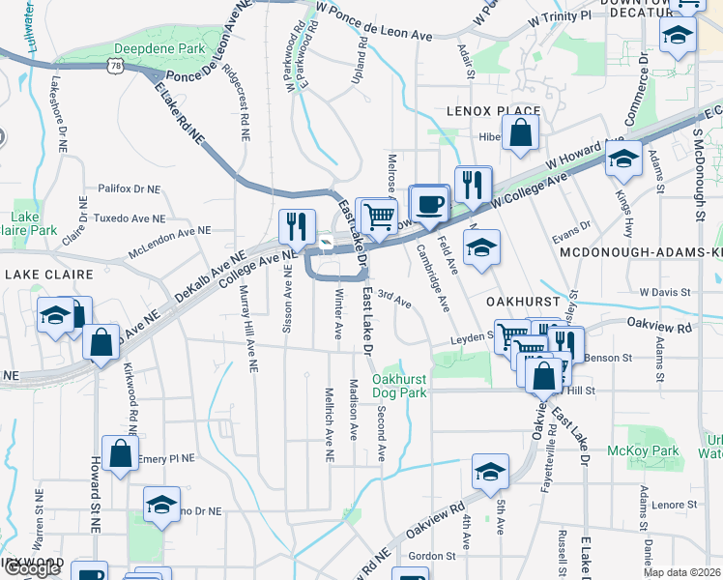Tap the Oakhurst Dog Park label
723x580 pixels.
(399, 387)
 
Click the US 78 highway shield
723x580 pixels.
(116, 65)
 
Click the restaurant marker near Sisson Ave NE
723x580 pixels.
(297, 226)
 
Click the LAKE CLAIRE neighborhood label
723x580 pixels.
(42, 275)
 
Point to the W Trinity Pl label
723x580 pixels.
(559, 17)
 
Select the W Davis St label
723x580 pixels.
(665, 291)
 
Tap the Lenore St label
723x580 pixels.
(675, 505)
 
